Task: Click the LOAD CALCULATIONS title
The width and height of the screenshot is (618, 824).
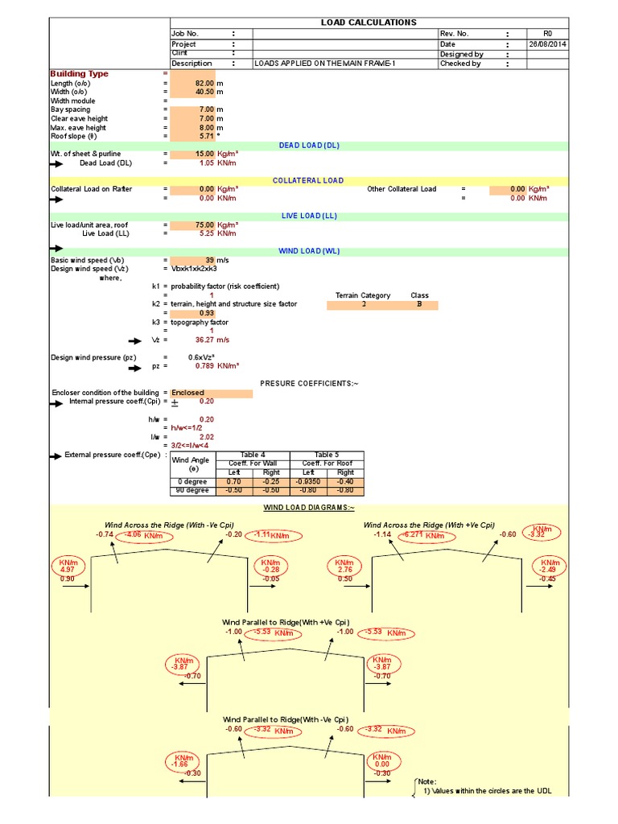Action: [369, 23]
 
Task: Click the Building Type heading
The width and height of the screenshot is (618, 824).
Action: [79, 74]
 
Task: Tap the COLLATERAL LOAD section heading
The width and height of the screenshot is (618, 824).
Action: [308, 181]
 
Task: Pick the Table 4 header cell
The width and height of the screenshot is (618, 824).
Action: [253, 455]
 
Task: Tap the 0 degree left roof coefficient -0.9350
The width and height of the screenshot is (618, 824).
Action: [308, 481]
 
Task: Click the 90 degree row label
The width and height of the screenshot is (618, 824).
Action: [192, 490]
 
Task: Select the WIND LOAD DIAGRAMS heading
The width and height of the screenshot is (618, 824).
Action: [308, 508]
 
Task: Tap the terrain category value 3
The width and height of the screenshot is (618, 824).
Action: [364, 305]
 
